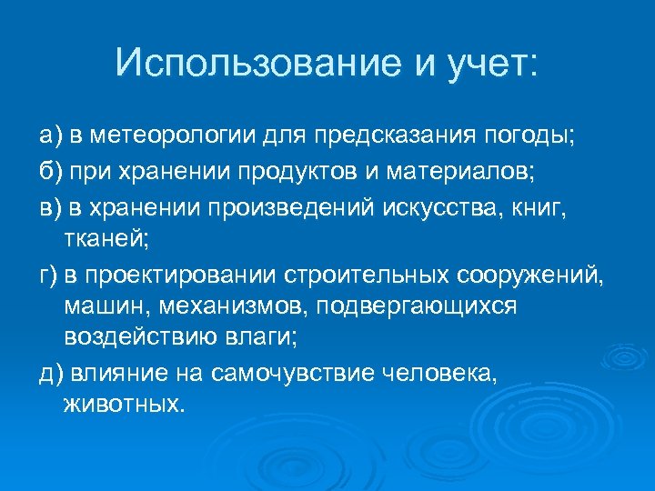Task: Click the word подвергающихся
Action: (413, 306)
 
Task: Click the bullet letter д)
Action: (49, 373)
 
